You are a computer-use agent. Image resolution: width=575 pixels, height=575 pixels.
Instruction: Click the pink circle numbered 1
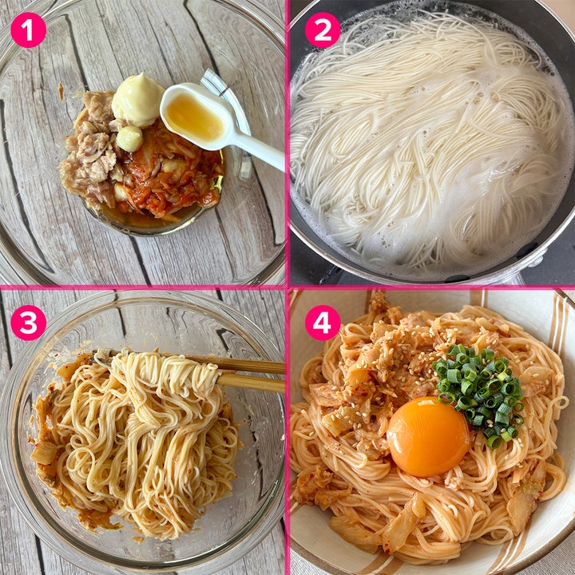tap(29, 30)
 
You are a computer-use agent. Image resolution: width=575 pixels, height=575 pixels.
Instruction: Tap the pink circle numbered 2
tap(323, 30)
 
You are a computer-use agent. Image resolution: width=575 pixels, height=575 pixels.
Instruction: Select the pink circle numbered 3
tap(29, 323)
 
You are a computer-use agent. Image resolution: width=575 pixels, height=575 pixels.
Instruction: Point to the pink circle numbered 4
tap(323, 323)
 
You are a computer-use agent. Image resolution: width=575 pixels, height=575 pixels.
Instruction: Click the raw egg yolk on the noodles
tap(428, 436)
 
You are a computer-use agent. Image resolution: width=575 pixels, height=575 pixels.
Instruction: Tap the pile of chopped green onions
tap(478, 393)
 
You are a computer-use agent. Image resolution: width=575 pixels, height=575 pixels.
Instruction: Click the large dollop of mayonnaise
tap(137, 100)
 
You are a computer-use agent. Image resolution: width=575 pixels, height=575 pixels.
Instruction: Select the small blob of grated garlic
tap(129, 139)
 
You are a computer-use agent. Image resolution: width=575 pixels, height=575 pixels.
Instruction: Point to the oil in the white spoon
tap(193, 117)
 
